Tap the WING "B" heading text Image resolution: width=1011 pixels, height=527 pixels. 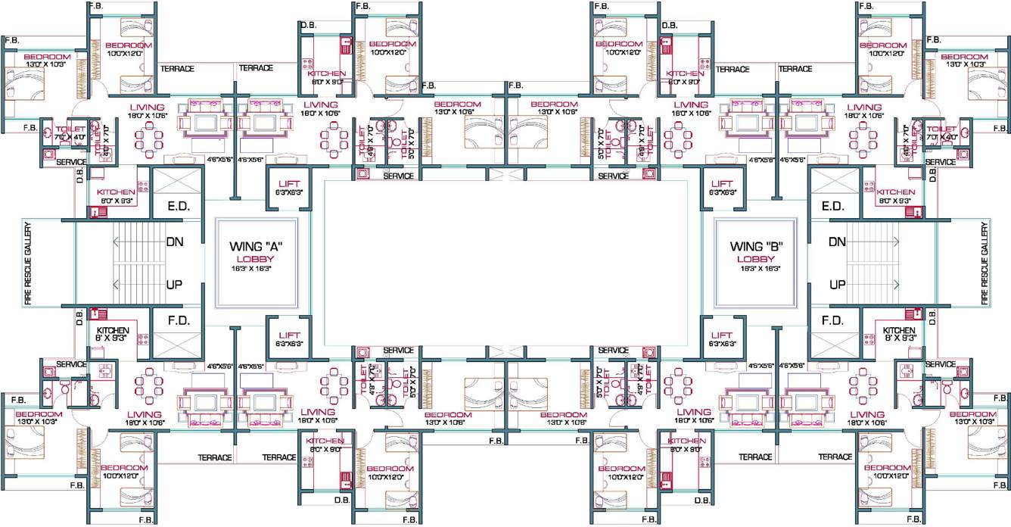[755, 247]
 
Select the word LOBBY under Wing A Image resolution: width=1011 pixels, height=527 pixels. [262, 259]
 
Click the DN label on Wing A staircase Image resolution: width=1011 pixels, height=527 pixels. [174, 242]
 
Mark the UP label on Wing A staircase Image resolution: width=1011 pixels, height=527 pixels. [174, 285]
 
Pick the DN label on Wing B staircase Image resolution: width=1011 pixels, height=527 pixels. [837, 242]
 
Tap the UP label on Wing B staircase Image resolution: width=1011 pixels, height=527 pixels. [837, 285]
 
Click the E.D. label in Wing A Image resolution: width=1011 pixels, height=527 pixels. [178, 206]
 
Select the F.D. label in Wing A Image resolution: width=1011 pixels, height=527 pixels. [178, 321]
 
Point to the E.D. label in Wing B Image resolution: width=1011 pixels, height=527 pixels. [832, 206]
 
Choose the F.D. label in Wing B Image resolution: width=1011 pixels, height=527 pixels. [832, 321]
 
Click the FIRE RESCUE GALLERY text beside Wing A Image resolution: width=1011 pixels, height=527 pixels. [27, 263]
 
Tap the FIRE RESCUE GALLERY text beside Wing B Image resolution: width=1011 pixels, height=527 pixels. [985, 263]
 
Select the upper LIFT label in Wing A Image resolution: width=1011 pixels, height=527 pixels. [289, 184]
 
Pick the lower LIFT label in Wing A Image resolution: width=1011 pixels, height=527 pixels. [289, 335]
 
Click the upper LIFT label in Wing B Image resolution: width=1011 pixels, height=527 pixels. [722, 184]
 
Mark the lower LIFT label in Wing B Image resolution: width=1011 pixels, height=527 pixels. [722, 335]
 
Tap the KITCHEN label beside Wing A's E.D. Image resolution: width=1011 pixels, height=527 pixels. [116, 193]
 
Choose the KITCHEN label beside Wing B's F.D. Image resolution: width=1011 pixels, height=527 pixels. [899, 331]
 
